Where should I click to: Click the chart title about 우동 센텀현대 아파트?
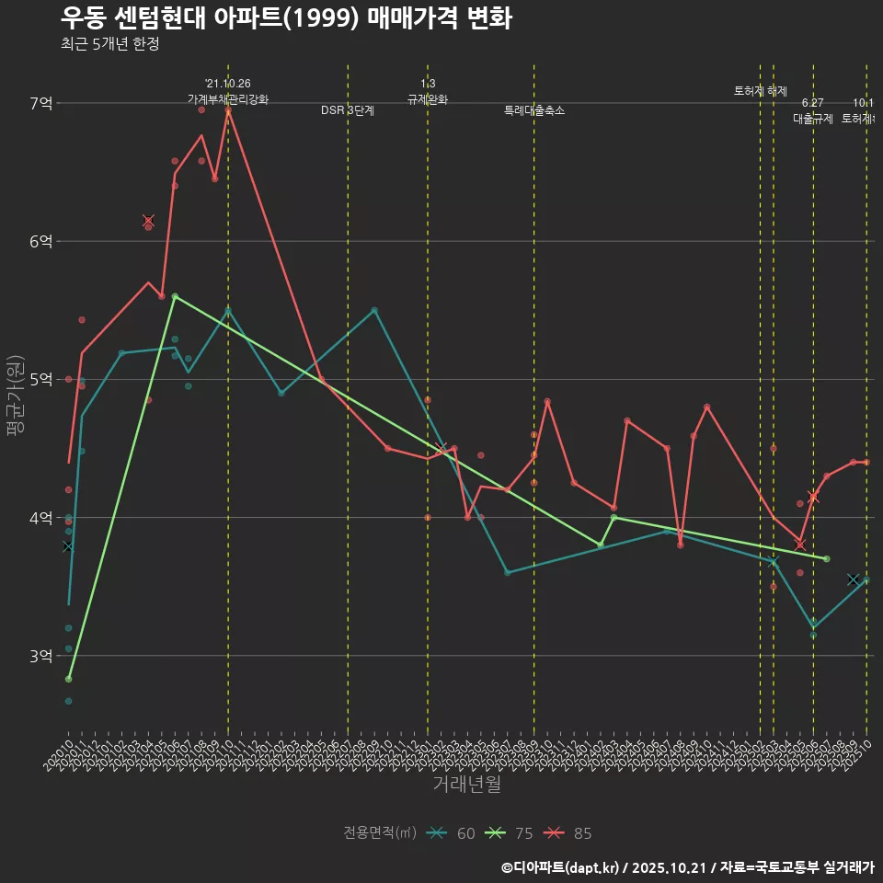[x=286, y=18]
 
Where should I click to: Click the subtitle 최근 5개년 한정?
[x=109, y=44]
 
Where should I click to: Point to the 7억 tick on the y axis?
[x=41, y=103]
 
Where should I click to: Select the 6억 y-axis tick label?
[x=41, y=241]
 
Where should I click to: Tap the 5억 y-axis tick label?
[x=41, y=379]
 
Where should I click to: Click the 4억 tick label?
[x=41, y=518]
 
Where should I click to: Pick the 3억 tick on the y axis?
[x=41, y=656]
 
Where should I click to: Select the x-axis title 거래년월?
[x=466, y=785]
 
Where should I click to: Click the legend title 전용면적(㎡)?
[x=380, y=833]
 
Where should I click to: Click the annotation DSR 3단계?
[x=348, y=110]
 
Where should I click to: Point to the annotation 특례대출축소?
[x=534, y=110]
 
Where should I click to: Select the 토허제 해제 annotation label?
[x=761, y=91]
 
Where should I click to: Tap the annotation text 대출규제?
[x=813, y=119]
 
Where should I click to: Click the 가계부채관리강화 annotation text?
[x=228, y=99]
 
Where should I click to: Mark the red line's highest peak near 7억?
[x=228, y=109]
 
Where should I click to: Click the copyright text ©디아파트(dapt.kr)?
[x=562, y=867]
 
